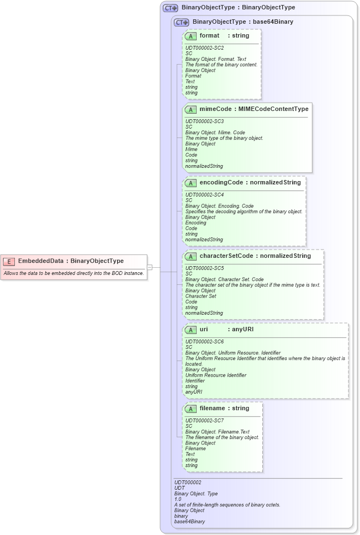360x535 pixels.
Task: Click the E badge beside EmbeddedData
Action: click(x=9, y=261)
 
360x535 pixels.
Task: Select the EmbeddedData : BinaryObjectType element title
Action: click(x=71, y=261)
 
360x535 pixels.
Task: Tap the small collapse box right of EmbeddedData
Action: click(x=149, y=267)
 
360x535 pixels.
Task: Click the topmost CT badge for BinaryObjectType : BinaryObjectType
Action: click(x=171, y=8)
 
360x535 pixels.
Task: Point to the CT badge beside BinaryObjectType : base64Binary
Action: click(x=182, y=22)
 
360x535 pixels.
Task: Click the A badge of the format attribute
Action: click(x=191, y=36)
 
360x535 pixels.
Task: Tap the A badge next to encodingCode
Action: click(x=191, y=183)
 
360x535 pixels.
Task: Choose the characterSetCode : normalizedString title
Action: click(x=255, y=256)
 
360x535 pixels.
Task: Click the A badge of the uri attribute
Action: click(x=191, y=330)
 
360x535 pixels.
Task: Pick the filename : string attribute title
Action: click(x=224, y=409)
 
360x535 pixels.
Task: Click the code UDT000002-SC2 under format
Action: click(x=204, y=48)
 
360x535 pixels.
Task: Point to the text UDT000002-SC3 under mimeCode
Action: click(x=204, y=121)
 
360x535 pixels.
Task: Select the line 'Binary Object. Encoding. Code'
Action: click(x=219, y=206)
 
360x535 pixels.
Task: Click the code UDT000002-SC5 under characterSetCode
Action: click(x=204, y=268)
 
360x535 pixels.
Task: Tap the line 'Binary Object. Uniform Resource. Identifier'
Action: click(x=232, y=353)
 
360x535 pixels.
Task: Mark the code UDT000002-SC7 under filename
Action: click(x=204, y=421)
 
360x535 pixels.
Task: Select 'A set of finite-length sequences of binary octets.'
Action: click(x=227, y=505)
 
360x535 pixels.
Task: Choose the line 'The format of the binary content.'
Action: click(x=221, y=65)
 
